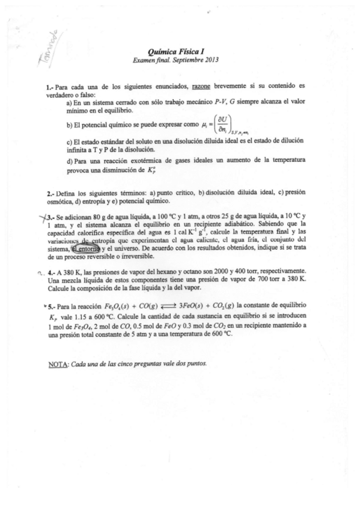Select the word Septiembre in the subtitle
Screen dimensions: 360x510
[x=185, y=60]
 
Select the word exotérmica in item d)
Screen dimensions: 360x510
[x=134, y=161]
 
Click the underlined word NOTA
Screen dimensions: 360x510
[x=58, y=364]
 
